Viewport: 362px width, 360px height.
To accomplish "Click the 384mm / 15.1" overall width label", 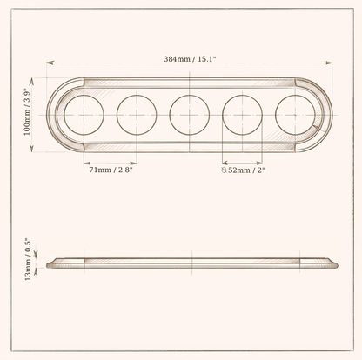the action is point(190,59).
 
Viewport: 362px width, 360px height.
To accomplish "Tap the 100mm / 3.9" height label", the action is point(27,112).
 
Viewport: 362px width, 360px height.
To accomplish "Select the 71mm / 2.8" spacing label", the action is point(111,170).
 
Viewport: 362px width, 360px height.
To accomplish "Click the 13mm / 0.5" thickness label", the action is point(28,259).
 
